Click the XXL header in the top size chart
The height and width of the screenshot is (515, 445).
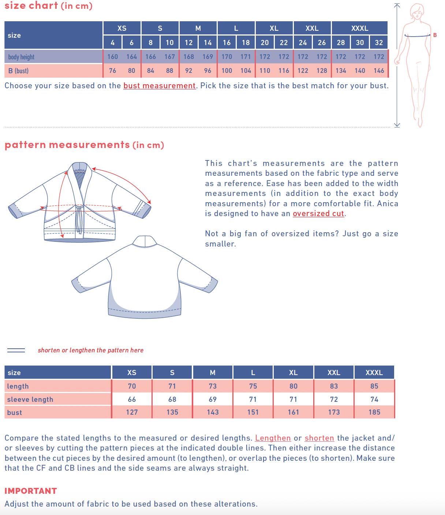tap(312, 28)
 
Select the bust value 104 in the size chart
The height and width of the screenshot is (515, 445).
tap(246, 71)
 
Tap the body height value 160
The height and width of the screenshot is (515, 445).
tap(112, 57)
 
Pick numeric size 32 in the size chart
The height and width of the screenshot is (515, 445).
tap(379, 42)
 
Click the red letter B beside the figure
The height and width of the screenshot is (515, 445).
tap(435, 35)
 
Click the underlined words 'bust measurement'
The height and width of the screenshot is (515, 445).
tap(160, 86)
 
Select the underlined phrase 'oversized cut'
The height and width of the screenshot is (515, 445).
tap(318, 214)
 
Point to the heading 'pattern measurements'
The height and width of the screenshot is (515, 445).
tap(67, 145)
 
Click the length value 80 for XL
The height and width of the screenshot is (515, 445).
tap(293, 386)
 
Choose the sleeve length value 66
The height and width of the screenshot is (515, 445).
tap(132, 399)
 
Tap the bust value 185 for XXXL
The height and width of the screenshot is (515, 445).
tap(374, 412)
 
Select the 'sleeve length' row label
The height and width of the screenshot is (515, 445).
tap(30, 399)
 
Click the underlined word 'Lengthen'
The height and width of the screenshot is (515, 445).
tap(273, 438)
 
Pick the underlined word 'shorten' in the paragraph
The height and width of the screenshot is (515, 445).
tap(319, 438)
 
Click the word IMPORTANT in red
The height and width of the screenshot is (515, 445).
tap(31, 491)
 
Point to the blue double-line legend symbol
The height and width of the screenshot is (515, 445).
tap(16, 350)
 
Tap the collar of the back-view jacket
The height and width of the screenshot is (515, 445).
tap(145, 241)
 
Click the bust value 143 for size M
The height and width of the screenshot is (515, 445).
tap(213, 412)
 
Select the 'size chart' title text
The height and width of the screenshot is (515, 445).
tap(31, 5)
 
